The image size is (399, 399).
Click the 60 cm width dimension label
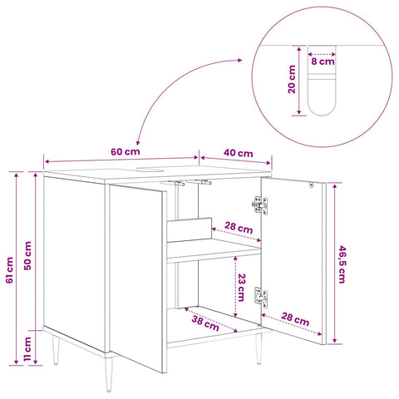pyautogui.click(x=126, y=151)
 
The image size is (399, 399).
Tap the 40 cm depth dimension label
pyautogui.click(x=239, y=153)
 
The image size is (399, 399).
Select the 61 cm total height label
pyautogui.click(x=10, y=270)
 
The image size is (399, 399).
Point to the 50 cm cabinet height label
pyautogui.click(x=27, y=256)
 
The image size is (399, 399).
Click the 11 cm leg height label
pyautogui.click(x=27, y=349)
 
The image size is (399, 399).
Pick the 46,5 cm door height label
pyautogui.click(x=342, y=264)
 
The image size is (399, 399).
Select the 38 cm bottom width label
pyautogui.click(x=205, y=323)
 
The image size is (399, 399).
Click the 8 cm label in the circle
pyautogui.click(x=323, y=62)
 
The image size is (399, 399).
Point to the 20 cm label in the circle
pyautogui.click(x=292, y=80)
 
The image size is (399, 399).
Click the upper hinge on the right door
pyautogui.click(x=260, y=205)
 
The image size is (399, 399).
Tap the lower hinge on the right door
pyautogui.click(x=260, y=298)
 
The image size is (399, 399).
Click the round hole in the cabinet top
pyautogui.click(x=150, y=169)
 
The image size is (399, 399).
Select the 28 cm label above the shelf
pyautogui.click(x=239, y=228)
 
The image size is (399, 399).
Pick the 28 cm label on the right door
pyautogui.click(x=295, y=319)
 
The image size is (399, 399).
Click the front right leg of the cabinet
pyautogui.click(x=259, y=348)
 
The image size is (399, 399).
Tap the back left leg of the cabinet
pyautogui.click(x=56, y=350)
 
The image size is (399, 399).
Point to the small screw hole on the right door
pyautogui.click(x=311, y=185)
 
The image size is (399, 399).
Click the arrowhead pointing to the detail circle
pyautogui.click(x=239, y=60)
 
